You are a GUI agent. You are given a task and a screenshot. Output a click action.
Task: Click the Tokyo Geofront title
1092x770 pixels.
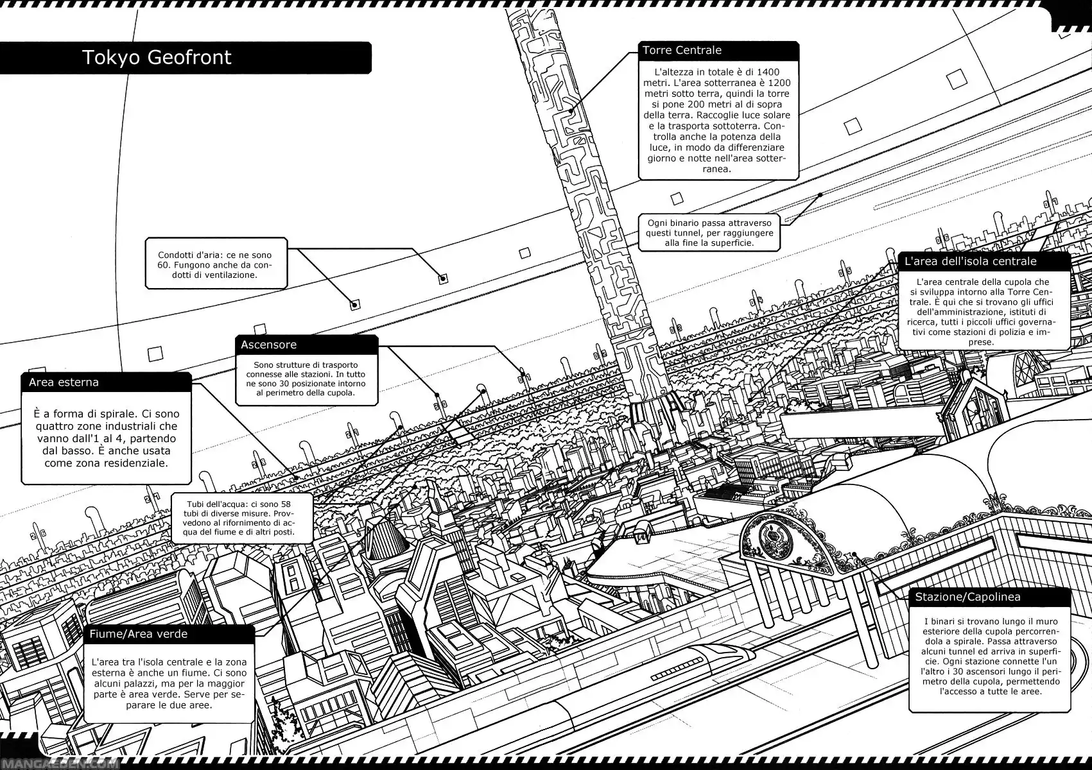pyautogui.click(x=156, y=58)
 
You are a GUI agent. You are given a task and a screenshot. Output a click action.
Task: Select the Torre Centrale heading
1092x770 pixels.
pyautogui.click(x=681, y=51)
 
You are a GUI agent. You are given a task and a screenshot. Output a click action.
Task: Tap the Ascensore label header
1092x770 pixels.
pyautogui.click(x=268, y=345)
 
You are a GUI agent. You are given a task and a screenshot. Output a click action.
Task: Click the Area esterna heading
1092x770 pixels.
pyautogui.click(x=64, y=382)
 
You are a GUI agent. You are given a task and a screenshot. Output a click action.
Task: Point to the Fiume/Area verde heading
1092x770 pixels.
pyautogui.click(x=138, y=635)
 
